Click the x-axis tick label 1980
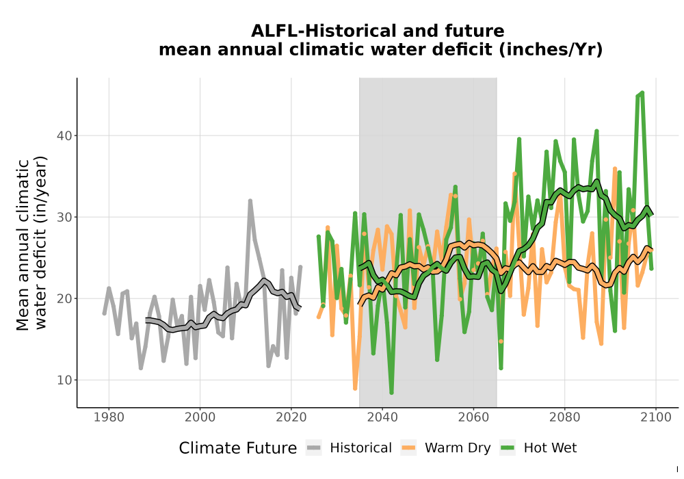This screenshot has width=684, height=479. coord(109,417)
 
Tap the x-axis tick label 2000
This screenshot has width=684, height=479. coord(200,417)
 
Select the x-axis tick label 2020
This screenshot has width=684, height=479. coord(291,417)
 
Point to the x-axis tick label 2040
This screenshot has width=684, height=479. coord(382,417)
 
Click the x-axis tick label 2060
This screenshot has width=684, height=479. coord(473,417)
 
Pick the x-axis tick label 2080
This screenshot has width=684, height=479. coord(564,417)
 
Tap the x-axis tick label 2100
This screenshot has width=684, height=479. coord(656,417)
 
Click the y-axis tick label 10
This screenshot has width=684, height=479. coord(64,380)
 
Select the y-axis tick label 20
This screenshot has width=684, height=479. coord(64,298)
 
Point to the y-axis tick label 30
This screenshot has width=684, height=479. coord(64,217)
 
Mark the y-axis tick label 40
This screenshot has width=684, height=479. coord(64,135)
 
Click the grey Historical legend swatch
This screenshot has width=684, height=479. coord(314,448)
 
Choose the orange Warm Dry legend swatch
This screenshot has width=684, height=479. coord(408,448)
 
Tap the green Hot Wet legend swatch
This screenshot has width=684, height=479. coord(508,448)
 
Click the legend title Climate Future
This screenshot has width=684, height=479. coord(238,448)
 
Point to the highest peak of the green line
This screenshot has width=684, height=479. coord(642,92)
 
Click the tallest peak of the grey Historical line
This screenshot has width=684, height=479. coord(250,200)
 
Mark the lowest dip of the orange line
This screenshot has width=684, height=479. coord(355,388)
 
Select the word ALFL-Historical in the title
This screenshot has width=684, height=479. coord(321,31)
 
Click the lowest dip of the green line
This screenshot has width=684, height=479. coord(391,393)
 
